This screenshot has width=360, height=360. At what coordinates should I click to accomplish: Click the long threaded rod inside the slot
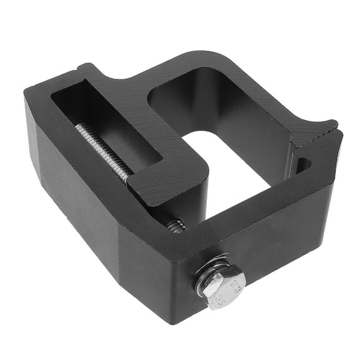pos(103,149)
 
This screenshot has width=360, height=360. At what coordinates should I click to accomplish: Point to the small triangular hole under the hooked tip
pos(302,165)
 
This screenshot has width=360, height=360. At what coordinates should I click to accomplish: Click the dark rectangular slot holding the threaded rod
pos(100,125)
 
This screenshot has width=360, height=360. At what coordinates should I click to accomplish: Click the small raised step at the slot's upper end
pos(87,70)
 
